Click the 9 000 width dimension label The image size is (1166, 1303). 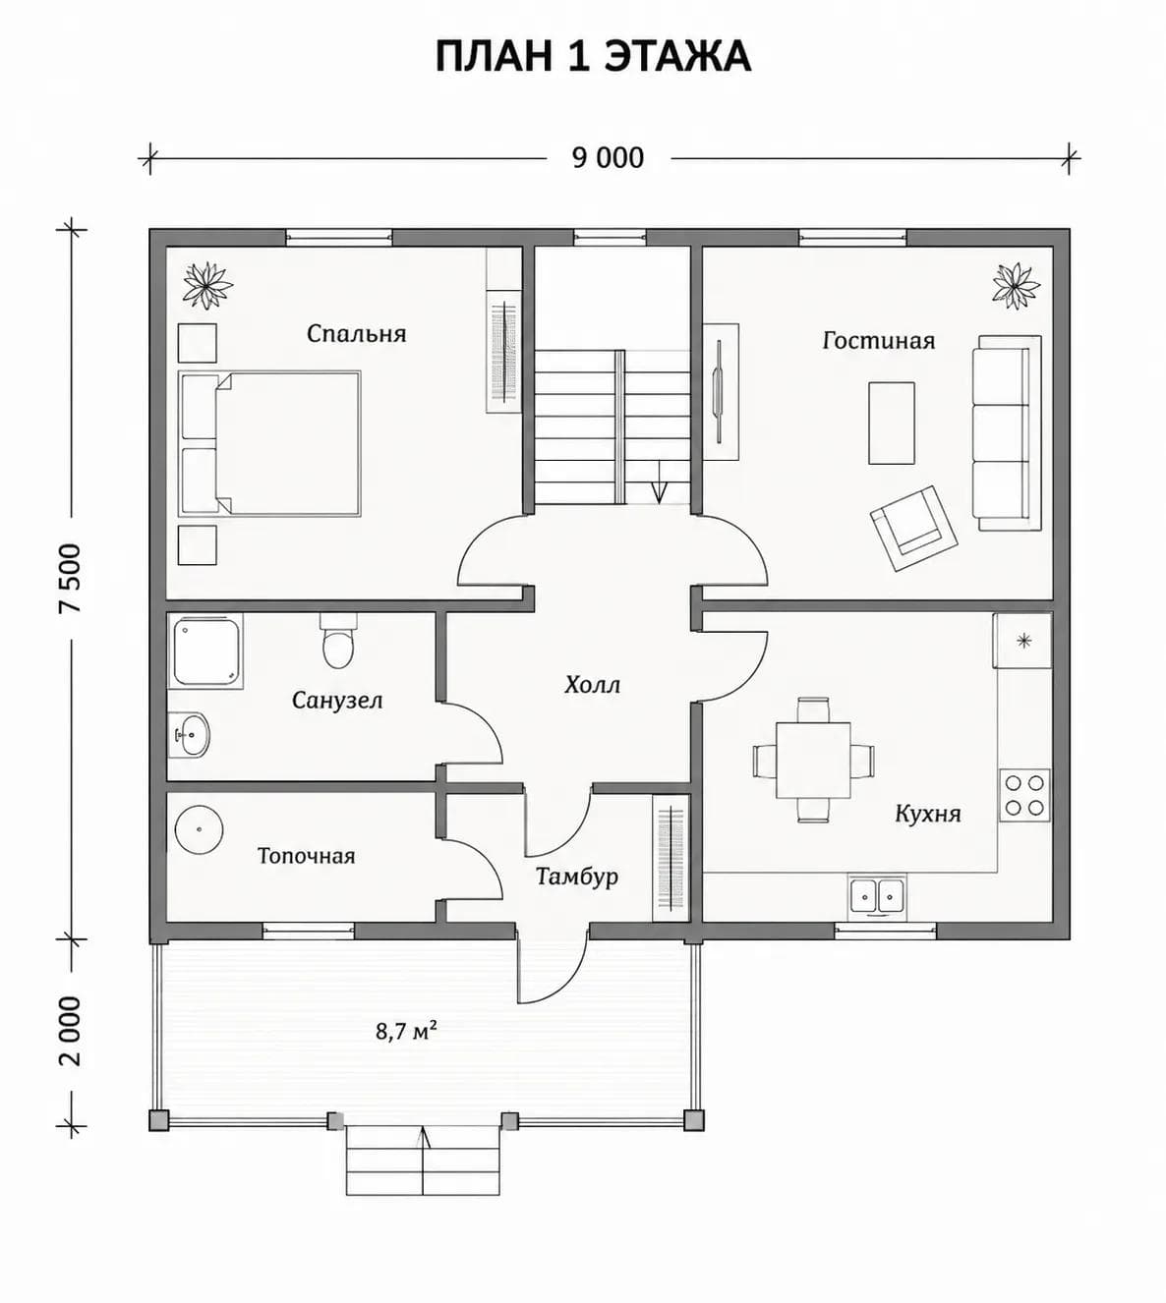[x=609, y=158]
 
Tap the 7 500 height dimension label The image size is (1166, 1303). [x=71, y=578]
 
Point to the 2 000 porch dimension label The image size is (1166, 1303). [x=71, y=1032]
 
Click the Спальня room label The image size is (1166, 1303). [x=357, y=334]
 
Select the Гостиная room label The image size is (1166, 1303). [x=878, y=340]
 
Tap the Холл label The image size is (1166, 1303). [x=593, y=685]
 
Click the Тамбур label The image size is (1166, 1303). [x=577, y=877]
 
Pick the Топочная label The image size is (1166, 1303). [x=307, y=856]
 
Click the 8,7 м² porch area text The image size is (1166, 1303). [x=407, y=1031]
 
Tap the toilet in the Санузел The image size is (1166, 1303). [x=338, y=642]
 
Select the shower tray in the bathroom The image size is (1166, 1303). [x=205, y=651]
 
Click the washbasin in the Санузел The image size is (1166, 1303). [x=190, y=734]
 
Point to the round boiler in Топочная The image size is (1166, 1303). [x=199, y=830]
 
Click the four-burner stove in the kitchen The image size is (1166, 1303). [x=1024, y=795]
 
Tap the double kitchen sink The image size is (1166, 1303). [x=876, y=894]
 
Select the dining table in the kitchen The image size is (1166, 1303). [x=813, y=760]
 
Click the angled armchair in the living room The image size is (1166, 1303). [x=913, y=529]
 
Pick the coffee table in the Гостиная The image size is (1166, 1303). [x=892, y=424]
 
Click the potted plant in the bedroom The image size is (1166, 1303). [x=206, y=284]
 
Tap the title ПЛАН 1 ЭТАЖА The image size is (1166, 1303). [x=593, y=56]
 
